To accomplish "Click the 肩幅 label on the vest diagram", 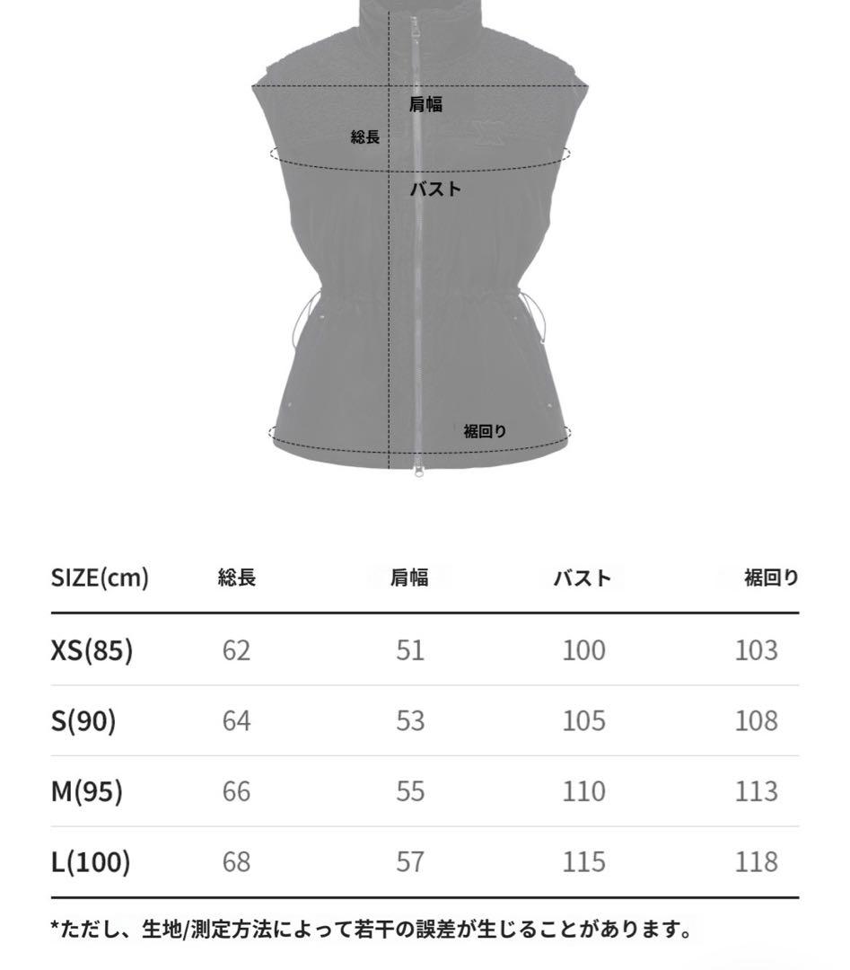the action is [425, 104].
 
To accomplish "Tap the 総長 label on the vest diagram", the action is [364, 137].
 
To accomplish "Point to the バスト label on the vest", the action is [435, 189].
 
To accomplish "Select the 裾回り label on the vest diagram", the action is [485, 431].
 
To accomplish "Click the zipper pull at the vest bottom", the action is [419, 472].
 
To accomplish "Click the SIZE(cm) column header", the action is [100, 578].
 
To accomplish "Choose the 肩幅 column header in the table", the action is [409, 578].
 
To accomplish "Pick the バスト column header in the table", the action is [583, 578].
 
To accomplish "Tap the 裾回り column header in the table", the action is [772, 578].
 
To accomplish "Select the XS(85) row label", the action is [92, 650].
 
